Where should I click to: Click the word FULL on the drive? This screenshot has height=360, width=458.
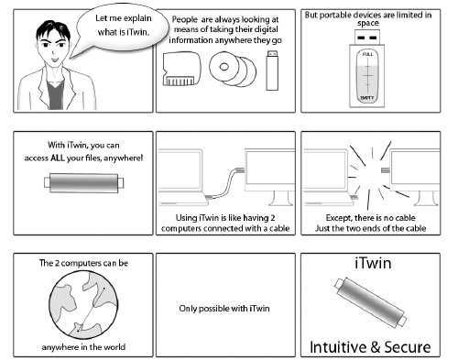[369, 55]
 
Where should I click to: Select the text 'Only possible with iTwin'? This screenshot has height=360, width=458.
[224, 307]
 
